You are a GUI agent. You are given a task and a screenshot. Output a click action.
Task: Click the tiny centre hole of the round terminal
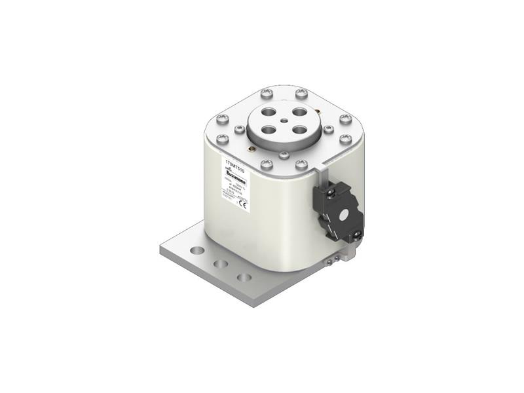(x=282, y=121)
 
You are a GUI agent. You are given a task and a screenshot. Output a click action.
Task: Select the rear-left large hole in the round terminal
(x=268, y=112)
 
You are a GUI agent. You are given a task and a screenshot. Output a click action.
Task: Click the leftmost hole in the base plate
(x=196, y=250)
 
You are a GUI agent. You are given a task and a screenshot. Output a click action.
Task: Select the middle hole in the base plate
(x=221, y=263)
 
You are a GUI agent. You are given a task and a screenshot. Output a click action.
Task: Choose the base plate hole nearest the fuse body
(x=244, y=277)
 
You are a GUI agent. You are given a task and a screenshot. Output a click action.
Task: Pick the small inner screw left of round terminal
(x=240, y=130)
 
